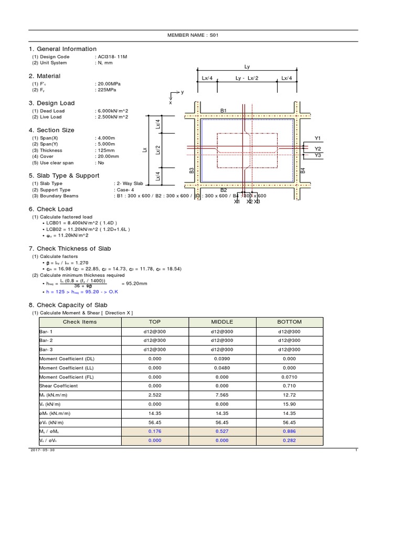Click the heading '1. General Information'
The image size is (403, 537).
click(x=62, y=49)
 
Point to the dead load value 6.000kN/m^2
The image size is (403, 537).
click(x=112, y=111)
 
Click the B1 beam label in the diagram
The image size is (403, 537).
click(x=223, y=111)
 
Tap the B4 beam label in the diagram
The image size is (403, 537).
click(x=303, y=170)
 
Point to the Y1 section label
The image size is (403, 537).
click(x=317, y=138)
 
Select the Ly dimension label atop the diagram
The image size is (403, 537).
click(x=247, y=67)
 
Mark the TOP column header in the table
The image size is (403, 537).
click(x=155, y=322)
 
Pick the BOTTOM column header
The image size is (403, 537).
click(x=290, y=322)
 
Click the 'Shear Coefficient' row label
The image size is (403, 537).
click(x=59, y=386)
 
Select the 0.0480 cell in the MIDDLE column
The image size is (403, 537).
click(x=222, y=368)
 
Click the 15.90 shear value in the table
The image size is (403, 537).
click(x=290, y=404)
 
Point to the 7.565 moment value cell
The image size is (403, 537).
click(x=222, y=395)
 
